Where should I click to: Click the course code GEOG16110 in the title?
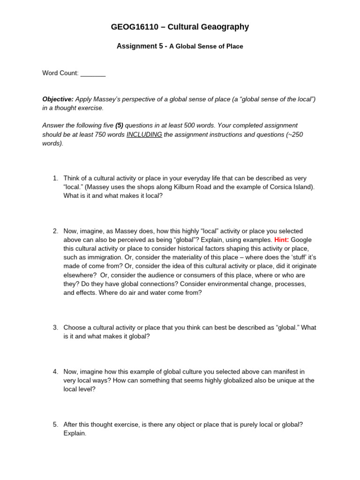click(133, 27)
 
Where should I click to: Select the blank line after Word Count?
click(93, 73)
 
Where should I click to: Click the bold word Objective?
click(58, 99)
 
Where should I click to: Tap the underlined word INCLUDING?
click(144, 135)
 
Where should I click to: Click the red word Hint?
click(281, 240)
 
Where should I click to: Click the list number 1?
click(55, 178)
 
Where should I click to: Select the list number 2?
click(55, 231)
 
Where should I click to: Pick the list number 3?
click(55, 328)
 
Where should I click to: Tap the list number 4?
click(55, 372)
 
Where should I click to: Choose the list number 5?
click(55, 425)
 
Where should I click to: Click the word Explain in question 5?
click(75, 434)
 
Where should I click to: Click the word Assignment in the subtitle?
click(135, 46)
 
